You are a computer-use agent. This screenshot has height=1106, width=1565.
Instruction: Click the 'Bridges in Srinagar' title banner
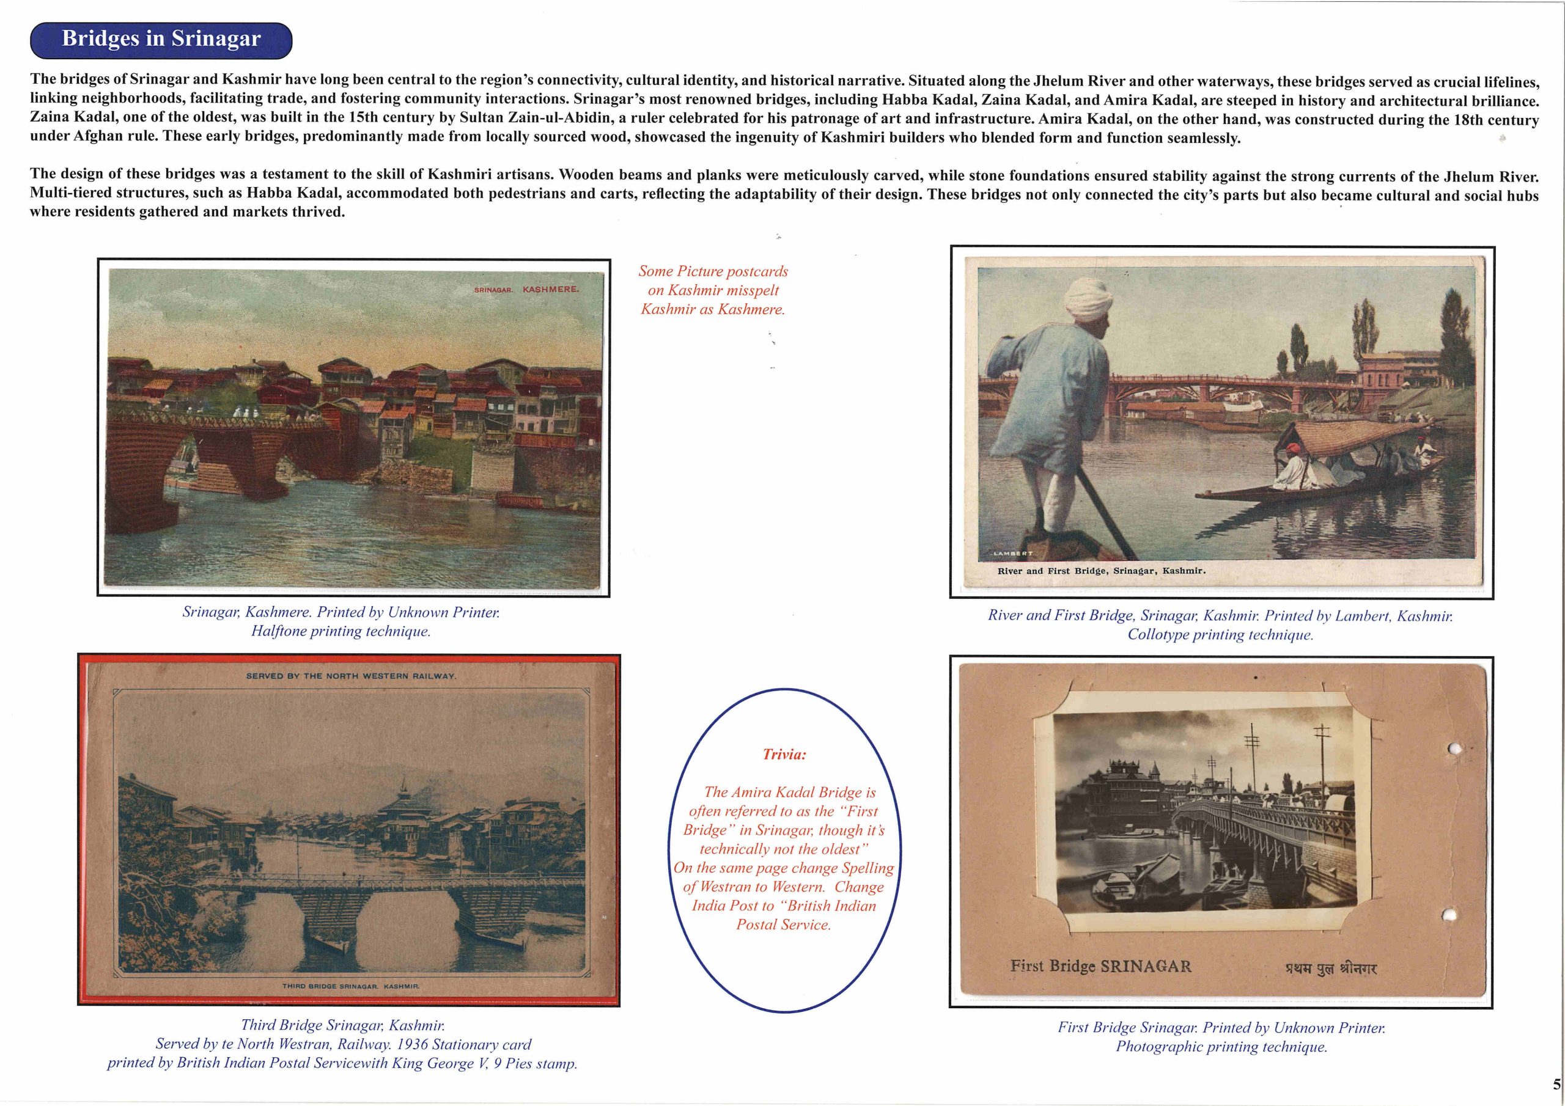(161, 40)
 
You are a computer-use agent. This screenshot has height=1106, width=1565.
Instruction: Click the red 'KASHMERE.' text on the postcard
(550, 290)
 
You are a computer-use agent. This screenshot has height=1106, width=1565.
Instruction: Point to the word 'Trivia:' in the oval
(784, 755)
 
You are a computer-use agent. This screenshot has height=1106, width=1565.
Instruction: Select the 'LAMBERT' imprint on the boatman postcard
(1012, 554)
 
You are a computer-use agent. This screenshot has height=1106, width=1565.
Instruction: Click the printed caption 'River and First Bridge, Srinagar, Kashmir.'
(1101, 571)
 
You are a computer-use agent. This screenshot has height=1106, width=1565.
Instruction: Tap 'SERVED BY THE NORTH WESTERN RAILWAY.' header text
(351, 676)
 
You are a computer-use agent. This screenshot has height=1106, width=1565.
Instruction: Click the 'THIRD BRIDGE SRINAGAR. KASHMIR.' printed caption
(351, 986)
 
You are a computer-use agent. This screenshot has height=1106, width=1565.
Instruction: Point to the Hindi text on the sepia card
(1330, 968)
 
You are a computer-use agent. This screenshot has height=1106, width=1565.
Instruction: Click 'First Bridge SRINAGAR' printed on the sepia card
(1100, 966)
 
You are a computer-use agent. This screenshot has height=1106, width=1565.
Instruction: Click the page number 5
(1556, 1084)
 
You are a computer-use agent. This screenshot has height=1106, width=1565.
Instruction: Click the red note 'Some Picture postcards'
(712, 271)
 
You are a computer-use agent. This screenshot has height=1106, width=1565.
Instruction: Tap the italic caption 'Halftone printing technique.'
(341, 631)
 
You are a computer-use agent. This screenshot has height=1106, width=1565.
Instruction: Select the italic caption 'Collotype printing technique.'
(1220, 634)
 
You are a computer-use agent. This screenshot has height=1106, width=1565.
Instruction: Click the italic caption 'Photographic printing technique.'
(1221, 1047)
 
